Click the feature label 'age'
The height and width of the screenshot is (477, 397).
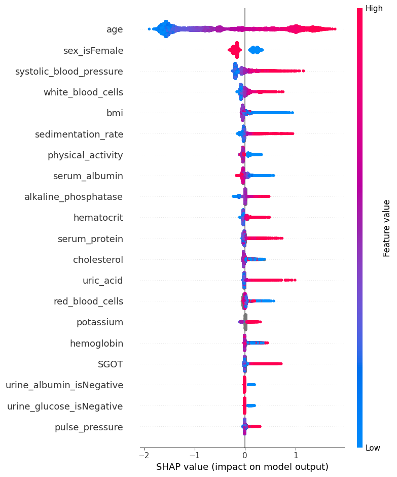(x=115, y=29)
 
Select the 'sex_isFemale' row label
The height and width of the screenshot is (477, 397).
(x=93, y=50)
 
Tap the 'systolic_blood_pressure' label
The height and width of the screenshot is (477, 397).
(x=69, y=71)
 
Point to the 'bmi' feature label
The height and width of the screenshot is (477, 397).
(x=115, y=113)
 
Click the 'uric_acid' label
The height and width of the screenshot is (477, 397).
(x=102, y=280)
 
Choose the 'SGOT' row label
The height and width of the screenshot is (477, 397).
(x=110, y=364)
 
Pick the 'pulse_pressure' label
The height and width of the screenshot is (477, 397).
(x=89, y=427)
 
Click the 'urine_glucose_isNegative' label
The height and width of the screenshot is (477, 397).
(x=65, y=406)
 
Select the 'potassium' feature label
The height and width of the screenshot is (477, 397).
(x=99, y=322)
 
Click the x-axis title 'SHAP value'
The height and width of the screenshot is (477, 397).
(x=242, y=466)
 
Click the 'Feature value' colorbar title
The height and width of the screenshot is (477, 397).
(x=386, y=228)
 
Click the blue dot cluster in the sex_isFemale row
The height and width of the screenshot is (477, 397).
(x=256, y=50)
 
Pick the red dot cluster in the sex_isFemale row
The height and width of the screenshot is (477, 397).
(x=235, y=50)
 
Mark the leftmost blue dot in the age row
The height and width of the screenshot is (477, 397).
(x=149, y=29)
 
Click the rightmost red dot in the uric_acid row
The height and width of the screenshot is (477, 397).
(x=295, y=280)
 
